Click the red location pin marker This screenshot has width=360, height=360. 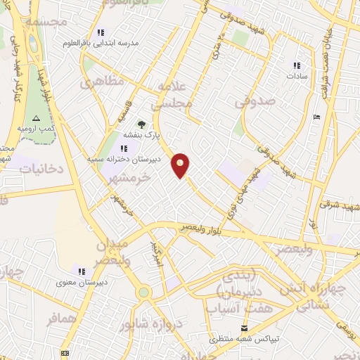point(181,165)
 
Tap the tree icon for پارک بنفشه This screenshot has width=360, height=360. point(140,124)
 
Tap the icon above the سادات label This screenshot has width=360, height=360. point(297,65)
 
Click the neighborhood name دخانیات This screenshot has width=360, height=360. point(41,169)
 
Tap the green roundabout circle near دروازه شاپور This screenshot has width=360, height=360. point(143,292)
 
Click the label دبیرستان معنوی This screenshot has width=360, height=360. point(82,283)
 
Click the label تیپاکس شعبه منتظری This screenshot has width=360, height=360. point(244,339)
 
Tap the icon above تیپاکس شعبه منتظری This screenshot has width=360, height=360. point(244,328)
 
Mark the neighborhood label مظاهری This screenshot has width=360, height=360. point(101,82)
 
